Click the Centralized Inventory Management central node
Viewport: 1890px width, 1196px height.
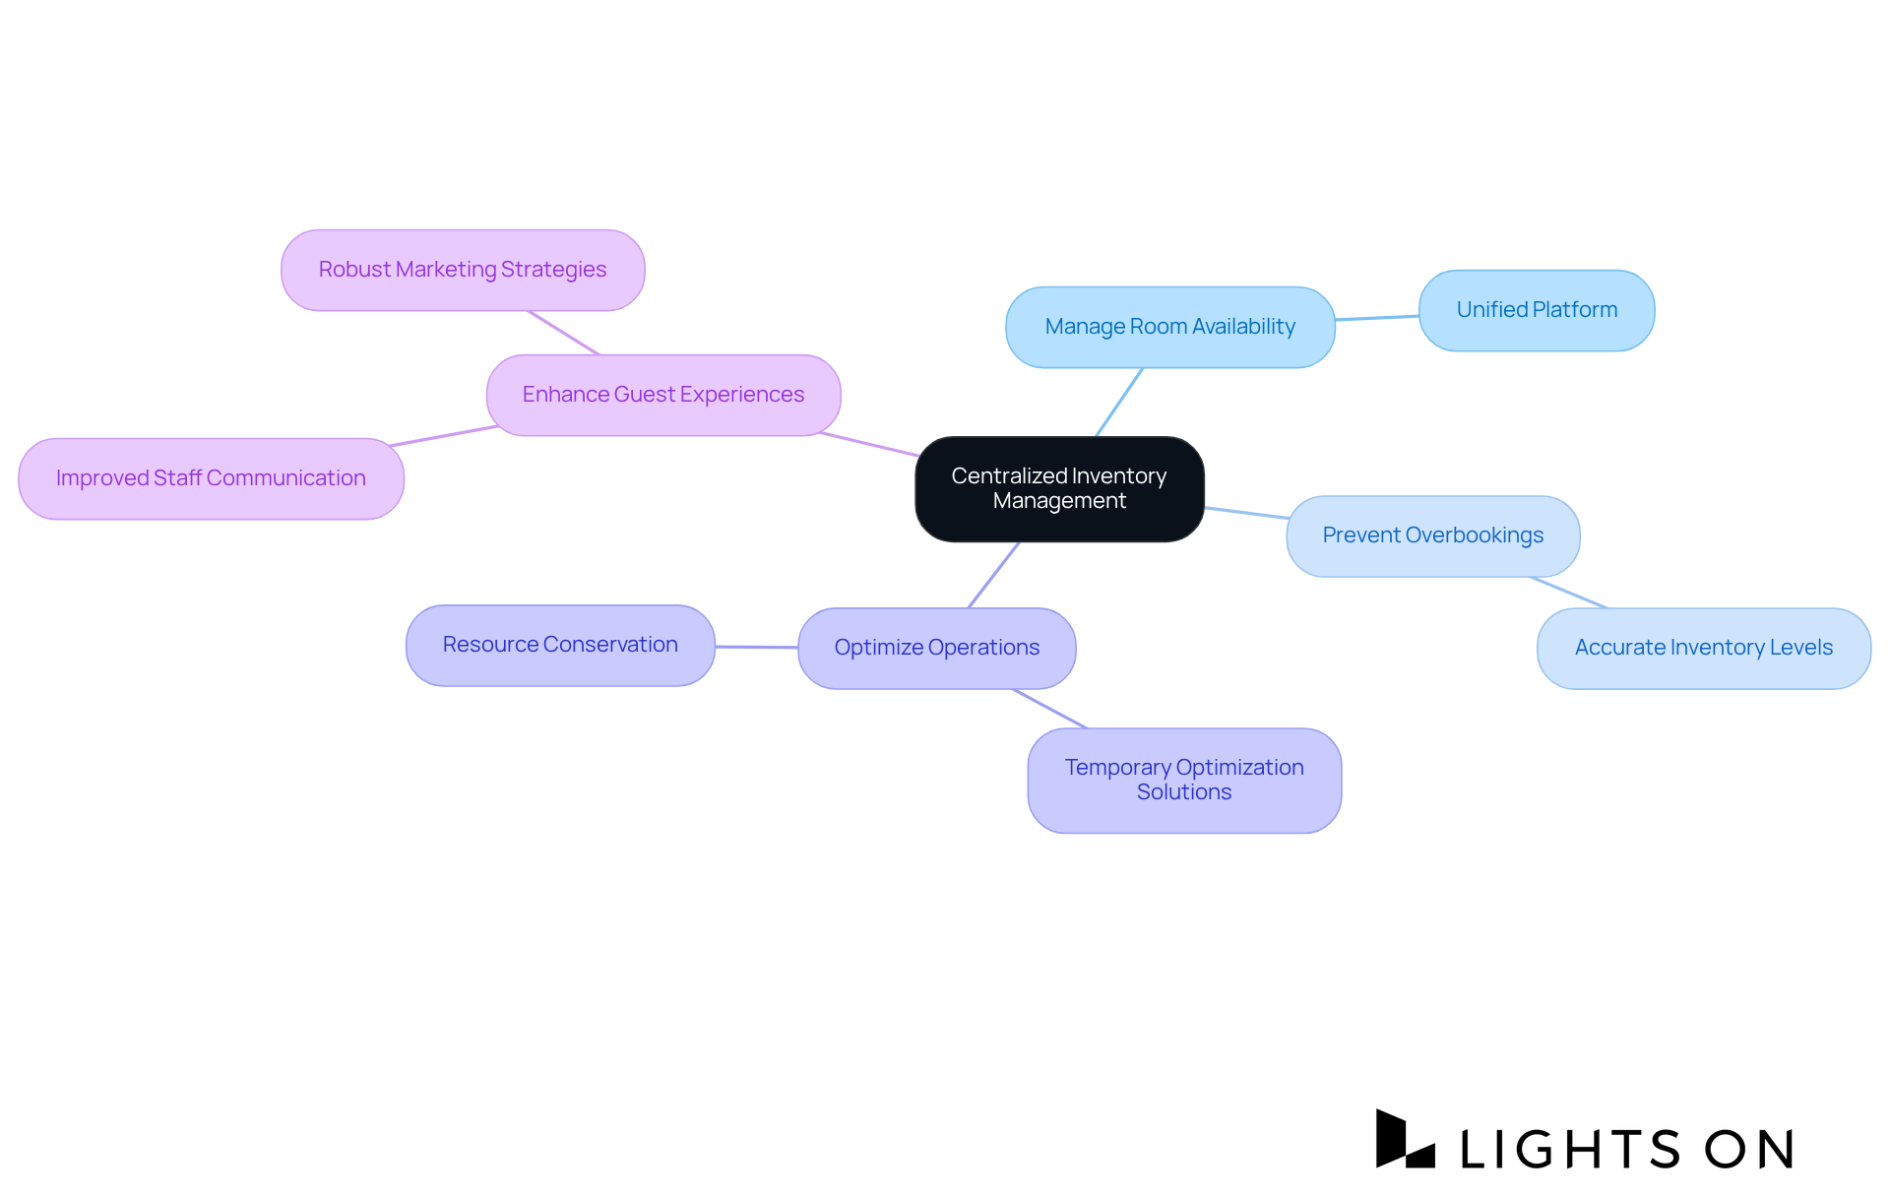point(1059,489)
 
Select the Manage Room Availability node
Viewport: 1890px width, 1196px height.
point(1169,327)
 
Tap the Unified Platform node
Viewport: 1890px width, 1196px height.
point(1536,310)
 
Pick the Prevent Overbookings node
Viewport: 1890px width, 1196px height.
point(1432,535)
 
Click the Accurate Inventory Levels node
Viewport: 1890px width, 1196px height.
point(1703,648)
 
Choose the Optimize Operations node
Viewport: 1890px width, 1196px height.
point(936,648)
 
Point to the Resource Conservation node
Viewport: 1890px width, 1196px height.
point(560,645)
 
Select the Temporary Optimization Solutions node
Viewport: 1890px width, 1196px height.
point(1184,780)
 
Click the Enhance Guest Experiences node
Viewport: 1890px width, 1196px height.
point(662,395)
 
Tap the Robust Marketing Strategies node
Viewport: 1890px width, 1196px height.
point(463,270)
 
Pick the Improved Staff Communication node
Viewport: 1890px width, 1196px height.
point(211,478)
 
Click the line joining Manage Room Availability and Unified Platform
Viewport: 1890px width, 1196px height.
point(1376,318)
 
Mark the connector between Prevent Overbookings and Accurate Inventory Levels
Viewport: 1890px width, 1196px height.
point(1569,593)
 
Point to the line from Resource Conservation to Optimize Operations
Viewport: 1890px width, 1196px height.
point(756,647)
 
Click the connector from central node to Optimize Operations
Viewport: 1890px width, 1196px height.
point(993,575)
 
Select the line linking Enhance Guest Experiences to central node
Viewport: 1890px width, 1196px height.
point(868,444)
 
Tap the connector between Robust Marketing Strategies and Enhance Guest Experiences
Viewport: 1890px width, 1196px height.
point(563,333)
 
